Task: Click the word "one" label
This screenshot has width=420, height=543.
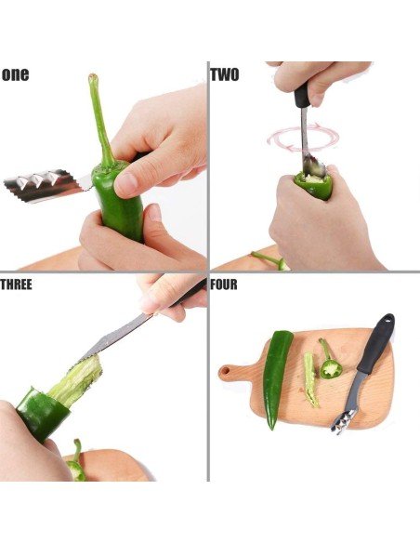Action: click(15, 74)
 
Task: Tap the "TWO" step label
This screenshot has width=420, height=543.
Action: click(225, 74)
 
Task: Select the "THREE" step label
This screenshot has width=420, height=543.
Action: click(16, 285)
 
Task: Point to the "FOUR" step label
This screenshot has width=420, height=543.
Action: click(224, 285)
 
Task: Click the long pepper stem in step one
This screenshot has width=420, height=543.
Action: click(100, 119)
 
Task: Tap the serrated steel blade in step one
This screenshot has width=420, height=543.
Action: click(46, 186)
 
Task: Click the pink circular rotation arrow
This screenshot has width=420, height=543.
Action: click(303, 138)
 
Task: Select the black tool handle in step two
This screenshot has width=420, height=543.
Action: click(302, 95)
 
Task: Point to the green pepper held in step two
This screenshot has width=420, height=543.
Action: click(313, 185)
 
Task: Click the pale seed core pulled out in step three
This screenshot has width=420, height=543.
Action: click(77, 381)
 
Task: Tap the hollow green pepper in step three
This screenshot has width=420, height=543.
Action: click(42, 414)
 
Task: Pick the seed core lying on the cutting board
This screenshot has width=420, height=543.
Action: click(310, 379)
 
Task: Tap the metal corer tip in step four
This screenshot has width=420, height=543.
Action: click(344, 421)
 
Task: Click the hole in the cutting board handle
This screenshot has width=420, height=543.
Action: click(225, 371)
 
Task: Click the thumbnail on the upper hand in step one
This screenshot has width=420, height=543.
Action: click(126, 184)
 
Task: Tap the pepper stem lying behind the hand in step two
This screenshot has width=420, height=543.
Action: click(269, 259)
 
